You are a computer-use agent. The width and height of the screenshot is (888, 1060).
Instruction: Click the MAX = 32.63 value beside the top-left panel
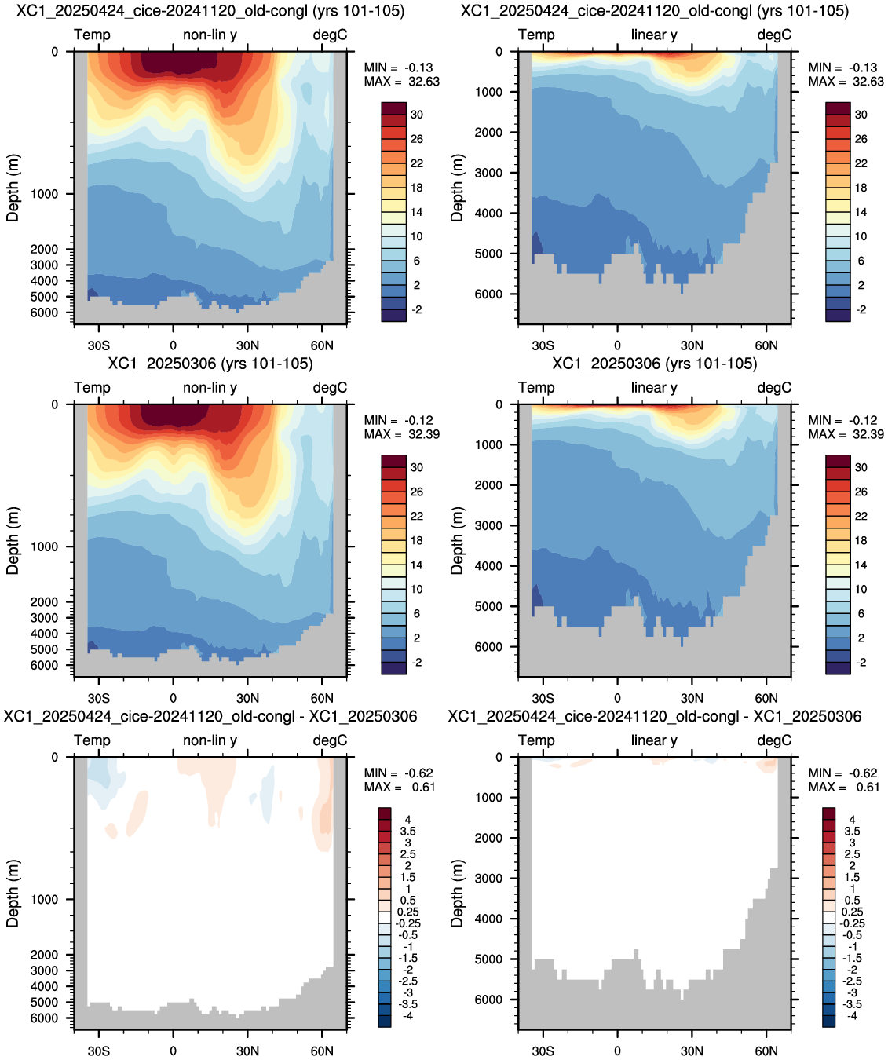pyautogui.click(x=401, y=82)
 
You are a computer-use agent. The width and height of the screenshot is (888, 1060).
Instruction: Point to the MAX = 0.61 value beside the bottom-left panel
pyautogui.click(x=399, y=788)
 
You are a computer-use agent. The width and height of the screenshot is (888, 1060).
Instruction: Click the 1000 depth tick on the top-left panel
pyautogui.click(x=45, y=194)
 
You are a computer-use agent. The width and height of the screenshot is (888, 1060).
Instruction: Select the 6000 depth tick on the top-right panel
pyautogui.click(x=488, y=294)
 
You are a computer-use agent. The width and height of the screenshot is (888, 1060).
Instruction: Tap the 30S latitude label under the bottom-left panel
pyautogui.click(x=98, y=1051)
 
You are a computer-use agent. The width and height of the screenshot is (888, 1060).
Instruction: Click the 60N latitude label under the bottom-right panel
pyautogui.click(x=766, y=1051)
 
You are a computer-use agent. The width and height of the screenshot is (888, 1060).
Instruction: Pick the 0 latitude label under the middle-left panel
pyautogui.click(x=174, y=698)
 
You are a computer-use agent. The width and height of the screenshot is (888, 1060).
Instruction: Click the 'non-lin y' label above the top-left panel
pyautogui.click(x=210, y=35)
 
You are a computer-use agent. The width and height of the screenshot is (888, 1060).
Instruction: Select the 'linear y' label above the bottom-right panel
pyautogui.click(x=654, y=740)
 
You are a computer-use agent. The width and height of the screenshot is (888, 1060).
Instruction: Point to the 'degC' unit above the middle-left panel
pyautogui.click(x=330, y=388)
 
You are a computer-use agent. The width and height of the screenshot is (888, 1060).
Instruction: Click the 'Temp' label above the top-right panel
pyautogui.click(x=536, y=35)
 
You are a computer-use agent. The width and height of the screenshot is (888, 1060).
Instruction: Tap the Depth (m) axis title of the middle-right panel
pyautogui.click(x=456, y=541)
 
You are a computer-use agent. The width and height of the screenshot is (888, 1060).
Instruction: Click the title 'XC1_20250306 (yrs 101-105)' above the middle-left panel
pyautogui.click(x=210, y=364)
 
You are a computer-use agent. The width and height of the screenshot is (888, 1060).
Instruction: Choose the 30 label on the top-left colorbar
pyautogui.click(x=417, y=115)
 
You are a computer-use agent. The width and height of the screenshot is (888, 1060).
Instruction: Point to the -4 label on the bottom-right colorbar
pyautogui.click(x=851, y=1016)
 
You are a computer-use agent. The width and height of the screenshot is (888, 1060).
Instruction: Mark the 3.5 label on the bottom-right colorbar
pyautogui.click(x=852, y=831)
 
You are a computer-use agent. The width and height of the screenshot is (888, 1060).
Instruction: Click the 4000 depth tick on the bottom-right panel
pyautogui.click(x=488, y=919)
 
